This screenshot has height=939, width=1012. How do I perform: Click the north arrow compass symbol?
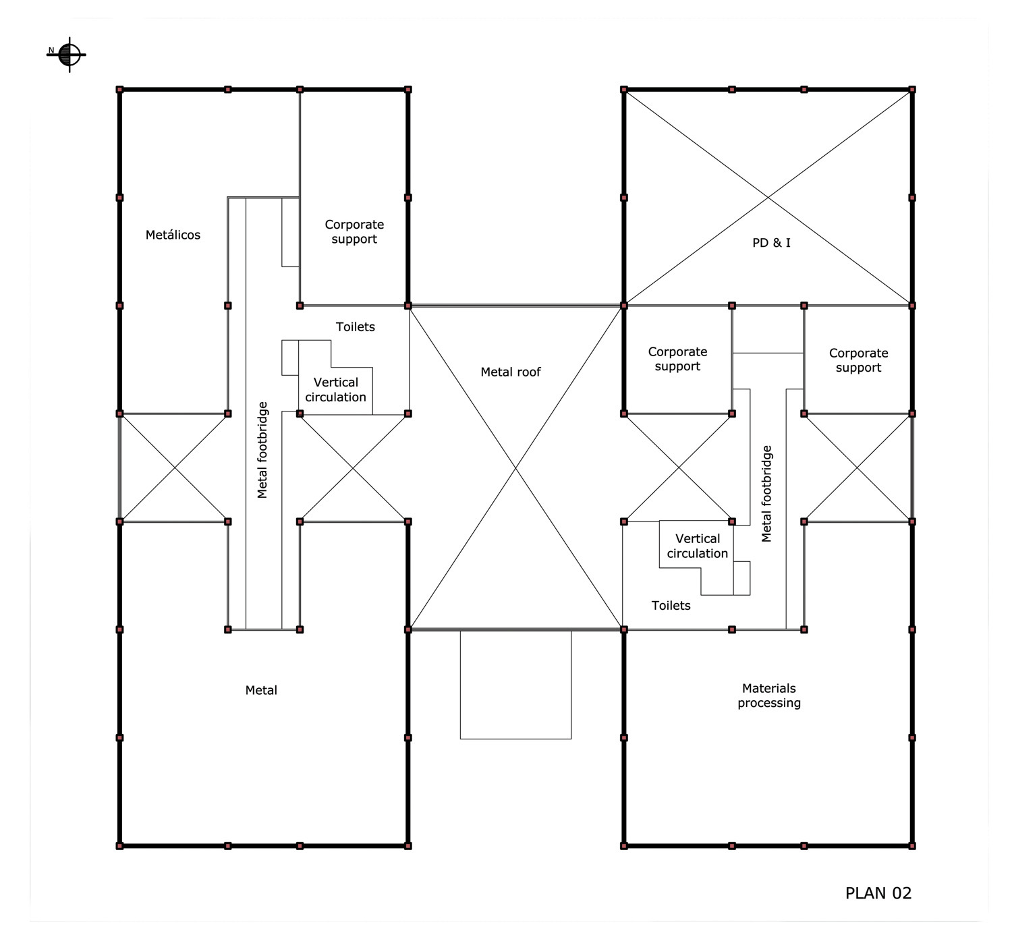(69, 55)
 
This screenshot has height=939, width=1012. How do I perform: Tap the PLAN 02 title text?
(878, 893)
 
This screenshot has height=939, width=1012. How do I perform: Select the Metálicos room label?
(173, 235)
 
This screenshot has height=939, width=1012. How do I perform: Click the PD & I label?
(771, 243)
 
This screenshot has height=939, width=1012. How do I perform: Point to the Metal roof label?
(511, 372)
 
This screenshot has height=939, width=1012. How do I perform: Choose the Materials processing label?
(769, 695)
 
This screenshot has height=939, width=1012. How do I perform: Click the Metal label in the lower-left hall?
(261, 690)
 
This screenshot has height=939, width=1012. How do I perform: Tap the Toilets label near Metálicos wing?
(355, 326)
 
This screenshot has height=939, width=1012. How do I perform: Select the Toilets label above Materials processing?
(671, 605)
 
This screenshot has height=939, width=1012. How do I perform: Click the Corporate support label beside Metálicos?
(354, 231)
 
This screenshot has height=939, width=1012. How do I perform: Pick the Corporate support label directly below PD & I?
(677, 359)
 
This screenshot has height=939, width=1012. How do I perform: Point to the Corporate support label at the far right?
(858, 360)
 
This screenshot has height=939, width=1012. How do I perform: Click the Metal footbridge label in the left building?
(262, 450)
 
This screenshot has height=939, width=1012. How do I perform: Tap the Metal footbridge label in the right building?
(766, 494)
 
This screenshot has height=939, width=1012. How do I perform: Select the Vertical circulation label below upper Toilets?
(335, 390)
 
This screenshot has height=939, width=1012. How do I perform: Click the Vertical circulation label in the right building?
(697, 546)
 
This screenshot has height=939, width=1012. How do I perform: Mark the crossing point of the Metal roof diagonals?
(515, 467)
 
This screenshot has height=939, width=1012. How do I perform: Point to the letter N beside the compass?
(51, 50)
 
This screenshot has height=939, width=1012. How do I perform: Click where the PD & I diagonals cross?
(768, 198)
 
